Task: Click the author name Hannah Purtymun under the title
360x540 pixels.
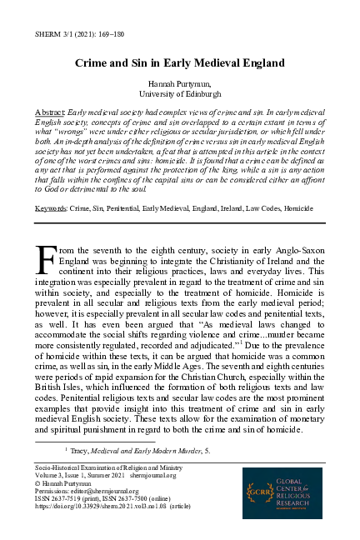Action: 180,84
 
